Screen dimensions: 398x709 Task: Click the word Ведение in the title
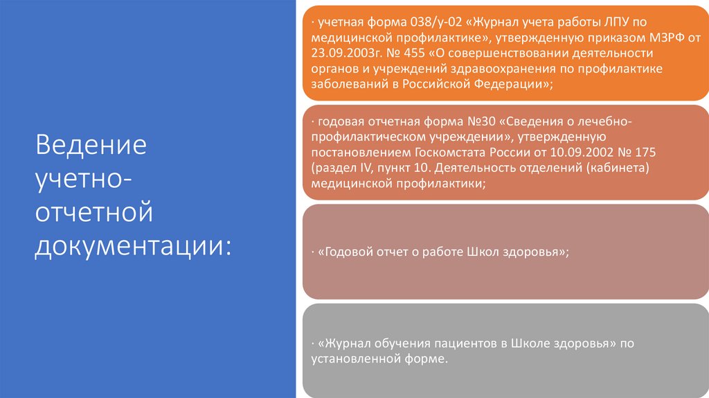tap(91, 147)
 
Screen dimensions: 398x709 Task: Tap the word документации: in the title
tap(133, 245)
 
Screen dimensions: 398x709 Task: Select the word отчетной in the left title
tap(94, 212)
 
